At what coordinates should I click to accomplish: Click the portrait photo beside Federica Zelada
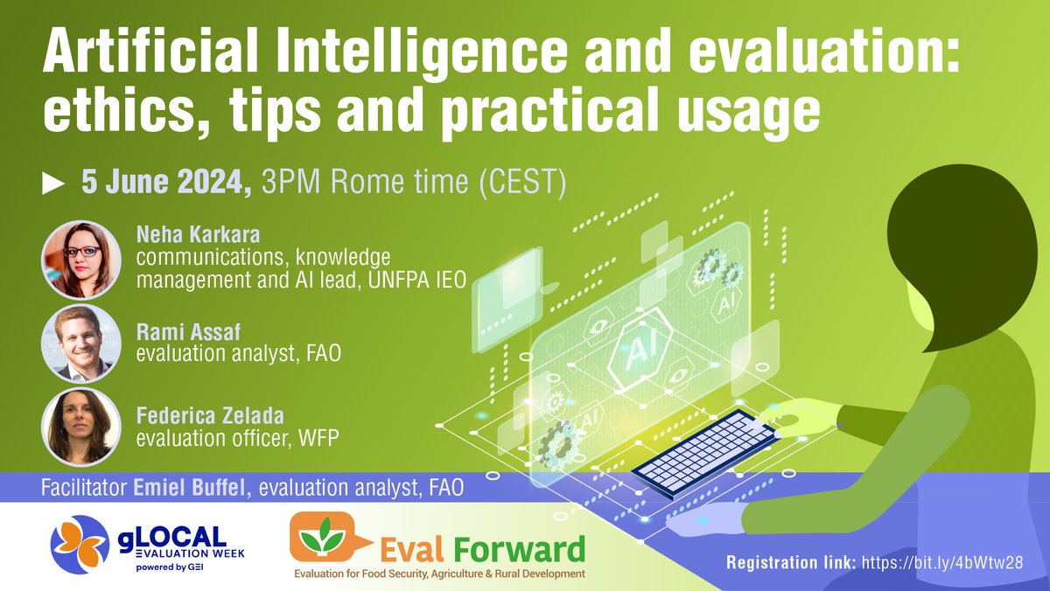pyautogui.click(x=81, y=426)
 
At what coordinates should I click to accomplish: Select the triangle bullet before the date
pyautogui.click(x=53, y=184)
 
